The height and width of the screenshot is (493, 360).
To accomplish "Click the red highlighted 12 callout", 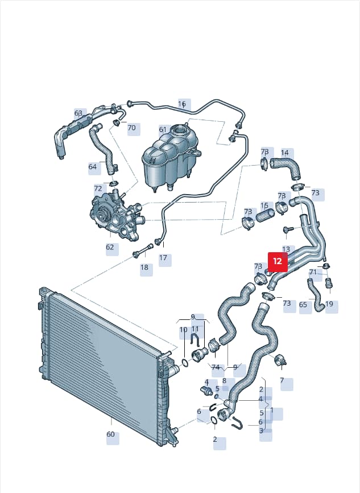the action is (x=278, y=262).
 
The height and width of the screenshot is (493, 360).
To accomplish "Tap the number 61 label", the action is (x=163, y=130).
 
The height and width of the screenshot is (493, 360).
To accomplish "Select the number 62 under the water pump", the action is (x=110, y=247).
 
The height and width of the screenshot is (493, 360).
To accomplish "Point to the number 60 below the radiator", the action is (x=110, y=434).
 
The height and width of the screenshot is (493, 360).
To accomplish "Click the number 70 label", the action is (x=131, y=128).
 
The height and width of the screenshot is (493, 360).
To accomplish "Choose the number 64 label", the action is (x=92, y=166).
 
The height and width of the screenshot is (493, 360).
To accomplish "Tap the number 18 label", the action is (x=144, y=268).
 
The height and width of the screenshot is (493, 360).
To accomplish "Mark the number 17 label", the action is (x=163, y=258).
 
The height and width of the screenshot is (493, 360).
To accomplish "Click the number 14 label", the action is (x=284, y=153).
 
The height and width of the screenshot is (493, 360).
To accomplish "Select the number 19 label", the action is (x=329, y=304).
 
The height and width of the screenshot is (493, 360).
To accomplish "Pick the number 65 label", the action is (x=303, y=305).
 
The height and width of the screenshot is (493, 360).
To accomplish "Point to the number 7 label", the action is (x=282, y=380).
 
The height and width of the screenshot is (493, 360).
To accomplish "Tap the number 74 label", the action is (x=216, y=367).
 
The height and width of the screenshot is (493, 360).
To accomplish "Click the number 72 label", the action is (x=98, y=188).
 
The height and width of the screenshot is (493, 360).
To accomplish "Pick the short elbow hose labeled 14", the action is (x=286, y=167).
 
